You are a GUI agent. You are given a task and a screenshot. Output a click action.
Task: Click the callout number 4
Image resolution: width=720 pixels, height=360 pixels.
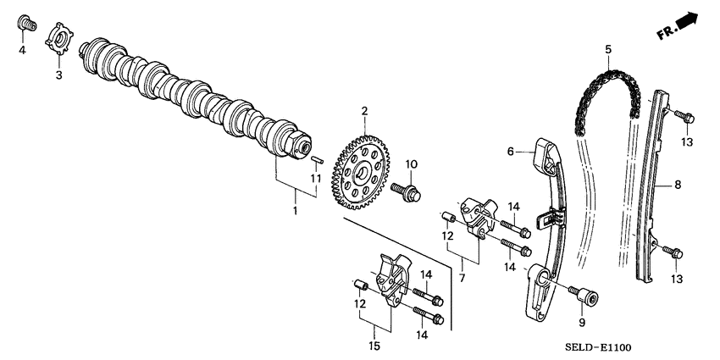pos(22,50)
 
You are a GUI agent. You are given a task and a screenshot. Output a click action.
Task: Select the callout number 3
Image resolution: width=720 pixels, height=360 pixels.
pos(58,76)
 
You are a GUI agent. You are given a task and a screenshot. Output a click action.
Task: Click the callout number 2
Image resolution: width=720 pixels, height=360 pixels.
pos(364,111)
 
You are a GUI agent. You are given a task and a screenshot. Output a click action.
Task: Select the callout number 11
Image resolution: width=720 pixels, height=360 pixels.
pos(314,179)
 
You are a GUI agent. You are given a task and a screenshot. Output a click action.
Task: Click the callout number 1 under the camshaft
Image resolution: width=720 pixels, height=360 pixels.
pos(295,209)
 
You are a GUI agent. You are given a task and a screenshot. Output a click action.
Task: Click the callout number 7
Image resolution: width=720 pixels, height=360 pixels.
pos(462,278)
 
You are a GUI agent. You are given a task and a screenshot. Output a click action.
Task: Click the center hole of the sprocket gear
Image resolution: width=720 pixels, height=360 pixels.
pos(362,174)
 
